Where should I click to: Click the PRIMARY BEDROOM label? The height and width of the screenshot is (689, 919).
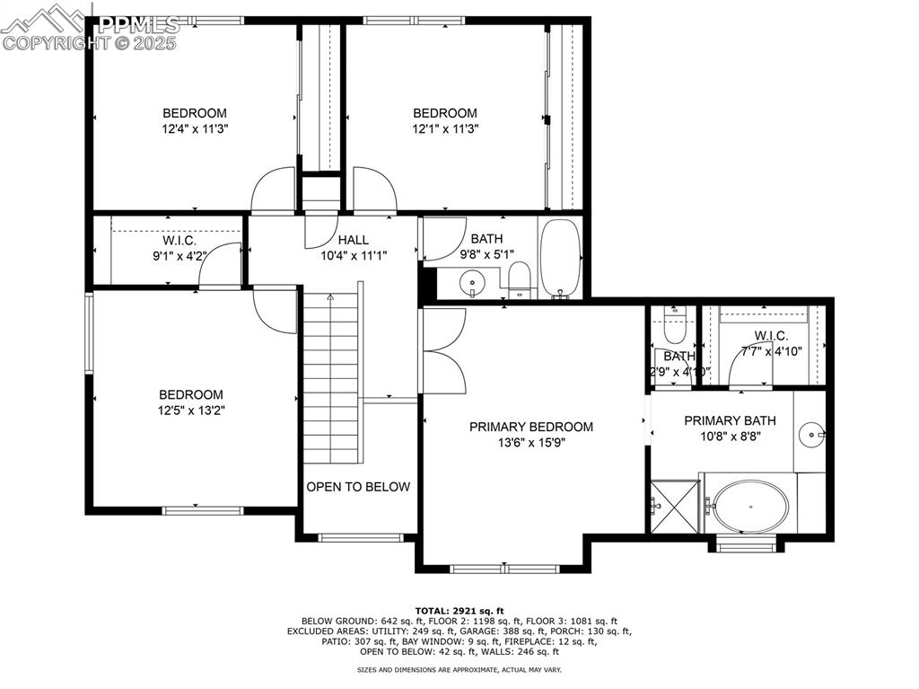531,427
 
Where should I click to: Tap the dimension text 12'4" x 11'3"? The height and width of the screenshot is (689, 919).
194,128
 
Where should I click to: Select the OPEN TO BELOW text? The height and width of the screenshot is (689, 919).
358,487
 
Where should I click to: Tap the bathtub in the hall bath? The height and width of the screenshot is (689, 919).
561,259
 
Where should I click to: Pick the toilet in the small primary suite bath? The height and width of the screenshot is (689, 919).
674,327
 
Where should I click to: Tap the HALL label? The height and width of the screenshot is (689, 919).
353,240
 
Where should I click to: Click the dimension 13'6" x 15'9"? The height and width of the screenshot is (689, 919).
531,442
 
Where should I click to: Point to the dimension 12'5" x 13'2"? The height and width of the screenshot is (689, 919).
191,411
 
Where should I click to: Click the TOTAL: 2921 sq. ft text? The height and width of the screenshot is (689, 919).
459,610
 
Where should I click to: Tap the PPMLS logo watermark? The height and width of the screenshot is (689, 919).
90,27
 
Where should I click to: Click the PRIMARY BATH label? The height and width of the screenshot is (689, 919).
730,420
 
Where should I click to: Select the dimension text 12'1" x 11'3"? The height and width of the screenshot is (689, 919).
444,128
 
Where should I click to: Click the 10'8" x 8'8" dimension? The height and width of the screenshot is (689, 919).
730,437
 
